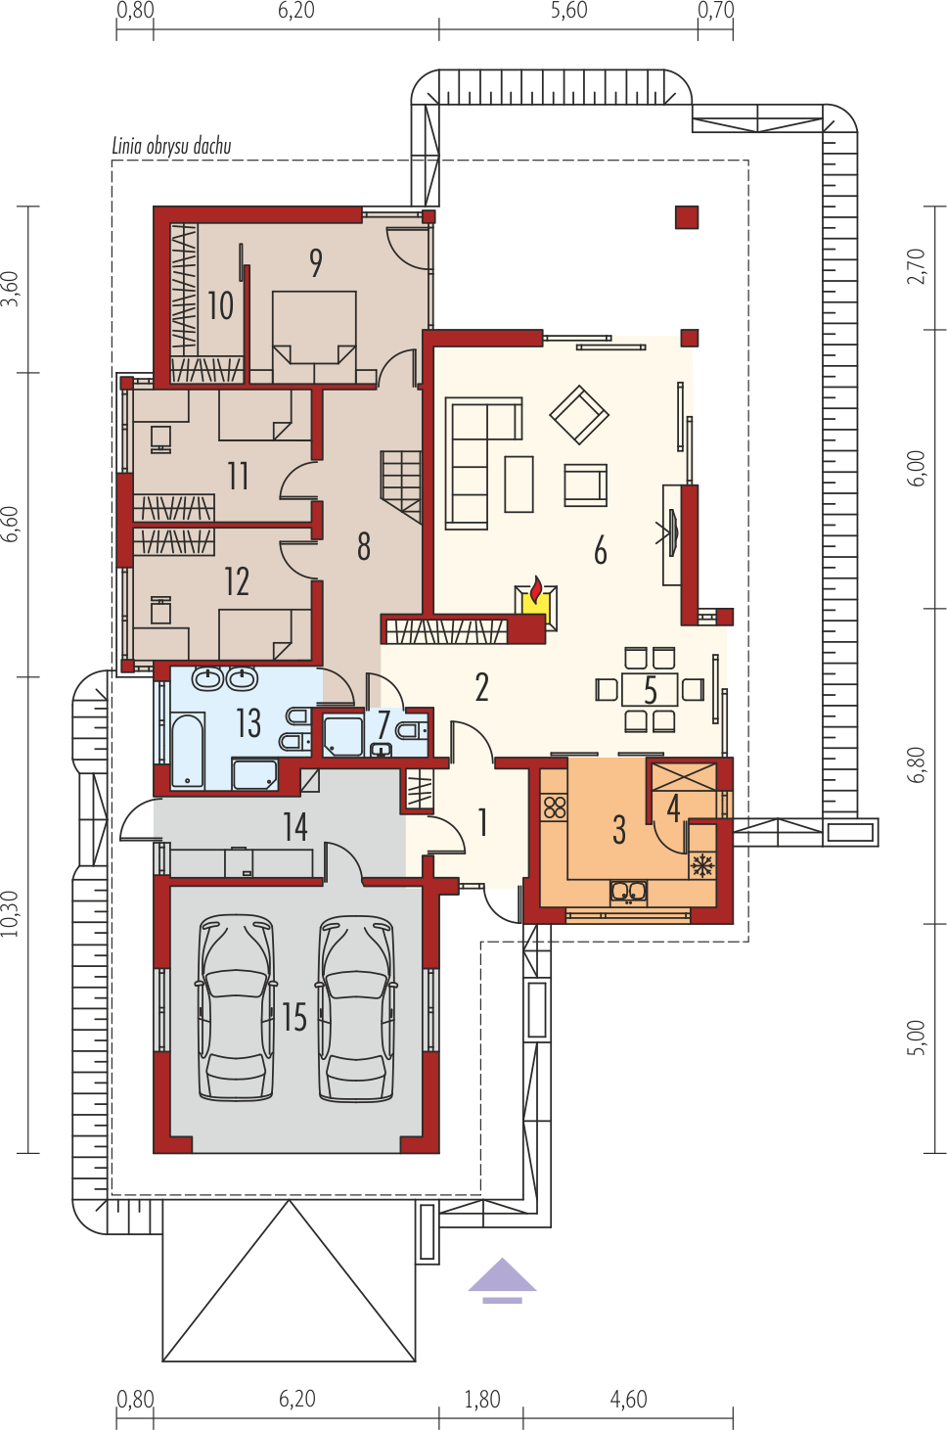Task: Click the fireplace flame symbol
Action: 536,589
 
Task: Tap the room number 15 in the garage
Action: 294,1018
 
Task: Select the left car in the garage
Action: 236,1008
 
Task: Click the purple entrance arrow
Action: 502,1279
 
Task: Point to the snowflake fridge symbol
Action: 702,865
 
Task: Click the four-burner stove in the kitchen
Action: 555,808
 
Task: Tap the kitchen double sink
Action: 629,893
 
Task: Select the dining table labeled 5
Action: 650,689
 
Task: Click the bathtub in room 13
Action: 188,750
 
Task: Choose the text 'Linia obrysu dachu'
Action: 171,146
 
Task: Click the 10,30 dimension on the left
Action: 10,913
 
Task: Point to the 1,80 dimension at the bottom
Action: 482,1400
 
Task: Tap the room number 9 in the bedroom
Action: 316,263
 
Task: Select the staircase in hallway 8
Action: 401,486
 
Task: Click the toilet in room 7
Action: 412,730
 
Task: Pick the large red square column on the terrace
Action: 687,217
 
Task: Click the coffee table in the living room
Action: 519,484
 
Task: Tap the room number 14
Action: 295,827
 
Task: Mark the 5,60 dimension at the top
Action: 568,11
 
